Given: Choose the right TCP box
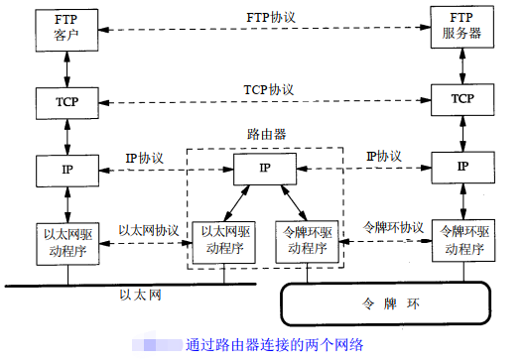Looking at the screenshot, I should (461, 100).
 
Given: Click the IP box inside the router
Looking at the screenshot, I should (264, 169).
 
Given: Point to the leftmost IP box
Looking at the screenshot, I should (66, 169).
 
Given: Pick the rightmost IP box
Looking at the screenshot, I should (461, 167).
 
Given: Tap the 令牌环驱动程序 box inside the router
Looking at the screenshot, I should (306, 241).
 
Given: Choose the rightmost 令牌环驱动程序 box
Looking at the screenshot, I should (461, 240).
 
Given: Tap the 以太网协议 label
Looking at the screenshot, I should (148, 229).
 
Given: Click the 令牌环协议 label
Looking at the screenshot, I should (392, 228).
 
